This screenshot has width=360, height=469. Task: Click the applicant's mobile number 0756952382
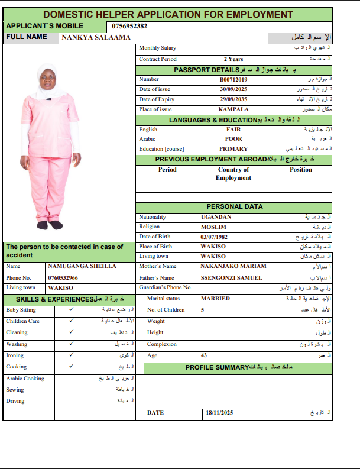point(129,26)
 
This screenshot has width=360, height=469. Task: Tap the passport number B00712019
point(233,79)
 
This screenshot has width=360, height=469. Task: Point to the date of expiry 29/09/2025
point(233,99)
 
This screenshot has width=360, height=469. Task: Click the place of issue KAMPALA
point(233,109)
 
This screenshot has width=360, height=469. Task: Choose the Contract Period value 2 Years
point(233,59)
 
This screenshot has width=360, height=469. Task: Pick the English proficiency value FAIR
point(233,130)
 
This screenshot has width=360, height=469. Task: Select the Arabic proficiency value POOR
point(233,139)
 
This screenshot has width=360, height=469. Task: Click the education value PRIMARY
point(233,149)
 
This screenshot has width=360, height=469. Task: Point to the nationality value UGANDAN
point(216,217)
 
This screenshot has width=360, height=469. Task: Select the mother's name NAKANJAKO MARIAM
point(233,266)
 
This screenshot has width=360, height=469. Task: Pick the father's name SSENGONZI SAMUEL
point(231,277)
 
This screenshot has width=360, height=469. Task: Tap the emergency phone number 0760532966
point(63,277)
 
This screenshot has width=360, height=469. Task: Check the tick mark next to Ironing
point(71,355)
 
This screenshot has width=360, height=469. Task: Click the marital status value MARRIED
point(215,299)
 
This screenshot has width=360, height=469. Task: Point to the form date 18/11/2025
point(220,412)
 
